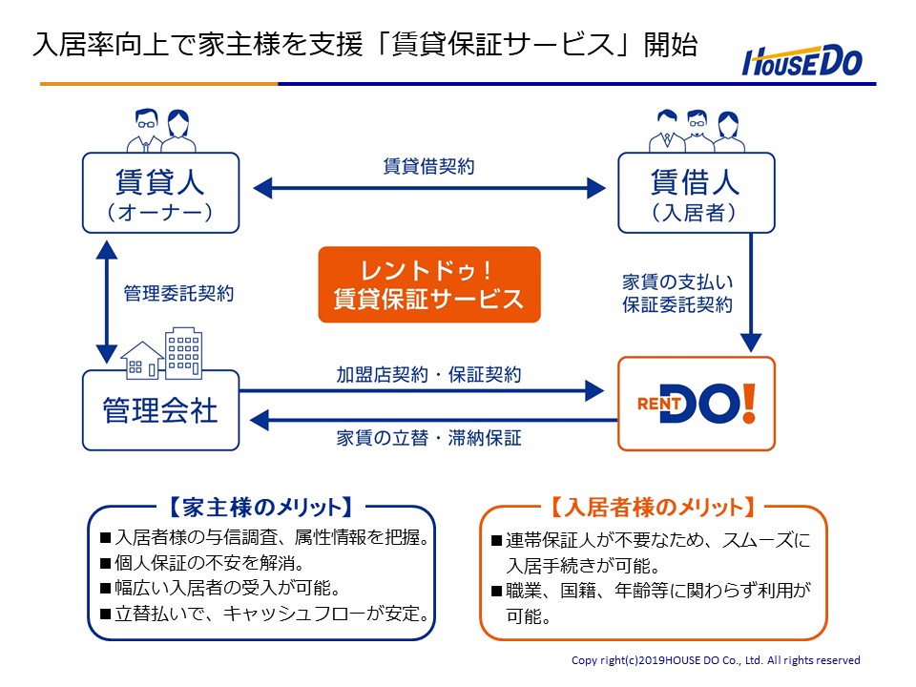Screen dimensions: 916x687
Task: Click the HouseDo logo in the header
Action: point(802,61)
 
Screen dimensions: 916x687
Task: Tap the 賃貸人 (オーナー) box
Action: point(160,194)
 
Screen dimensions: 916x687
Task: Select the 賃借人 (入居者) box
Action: point(697,194)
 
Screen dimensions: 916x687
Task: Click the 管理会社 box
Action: point(160,410)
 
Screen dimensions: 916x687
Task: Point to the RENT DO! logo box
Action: point(697,404)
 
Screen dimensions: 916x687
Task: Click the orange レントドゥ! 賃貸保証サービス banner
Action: point(429,284)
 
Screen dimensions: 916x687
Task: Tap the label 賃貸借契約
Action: point(428,166)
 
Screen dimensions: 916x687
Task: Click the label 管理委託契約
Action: point(178,293)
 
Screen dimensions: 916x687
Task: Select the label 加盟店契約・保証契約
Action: point(428,374)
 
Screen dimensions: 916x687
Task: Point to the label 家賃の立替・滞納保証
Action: point(428,438)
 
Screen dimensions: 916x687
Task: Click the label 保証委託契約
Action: point(677,305)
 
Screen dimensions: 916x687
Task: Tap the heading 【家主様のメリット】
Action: point(261,507)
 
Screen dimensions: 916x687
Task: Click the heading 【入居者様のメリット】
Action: point(653,507)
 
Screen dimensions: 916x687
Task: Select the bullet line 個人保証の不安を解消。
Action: point(203,563)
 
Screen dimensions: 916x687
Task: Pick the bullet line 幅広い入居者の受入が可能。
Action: point(220,588)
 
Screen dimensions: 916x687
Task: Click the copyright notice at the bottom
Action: point(716,660)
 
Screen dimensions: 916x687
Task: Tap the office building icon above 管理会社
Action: point(184,352)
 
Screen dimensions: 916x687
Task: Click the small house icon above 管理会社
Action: point(142,360)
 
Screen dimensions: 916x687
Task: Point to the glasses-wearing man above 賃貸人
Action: point(146,131)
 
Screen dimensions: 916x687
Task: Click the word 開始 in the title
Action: point(671,45)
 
